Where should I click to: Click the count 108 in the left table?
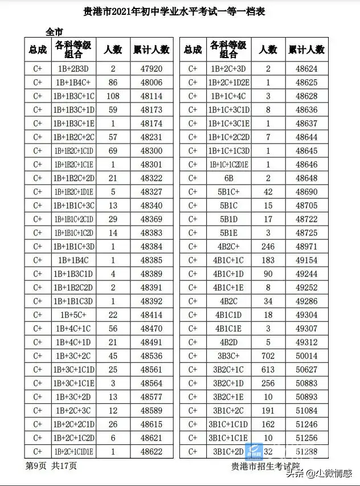tap(113, 96)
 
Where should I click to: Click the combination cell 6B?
tap(228, 178)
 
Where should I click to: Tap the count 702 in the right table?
tap(268, 356)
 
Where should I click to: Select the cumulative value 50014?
tap(307, 356)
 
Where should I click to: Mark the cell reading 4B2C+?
tap(228, 247)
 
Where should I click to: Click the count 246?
tap(268, 247)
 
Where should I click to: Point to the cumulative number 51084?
tap(307, 410)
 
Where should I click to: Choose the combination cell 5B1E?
tap(228, 233)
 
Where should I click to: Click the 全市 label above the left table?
tap(54, 31)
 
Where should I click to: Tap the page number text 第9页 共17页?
tap(51, 465)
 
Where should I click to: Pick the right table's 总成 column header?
tap(193, 50)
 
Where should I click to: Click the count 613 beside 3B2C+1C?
tap(268, 369)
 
